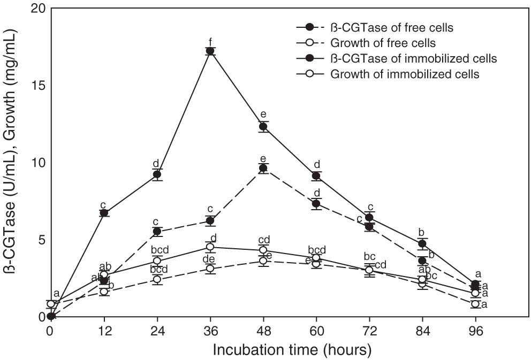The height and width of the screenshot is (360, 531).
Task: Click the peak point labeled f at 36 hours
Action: (x=210, y=51)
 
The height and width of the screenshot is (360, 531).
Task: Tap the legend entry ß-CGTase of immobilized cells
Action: (x=414, y=57)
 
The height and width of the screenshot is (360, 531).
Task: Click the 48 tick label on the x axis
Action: (x=262, y=331)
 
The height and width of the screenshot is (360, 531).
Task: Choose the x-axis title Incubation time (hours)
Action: (x=292, y=350)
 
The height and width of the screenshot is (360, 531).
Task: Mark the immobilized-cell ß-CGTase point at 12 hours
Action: (x=104, y=213)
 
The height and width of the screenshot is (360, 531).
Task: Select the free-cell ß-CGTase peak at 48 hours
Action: (x=263, y=168)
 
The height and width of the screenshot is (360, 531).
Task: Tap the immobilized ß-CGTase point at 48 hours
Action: (x=263, y=127)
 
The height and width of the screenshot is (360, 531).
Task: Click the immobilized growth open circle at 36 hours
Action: (x=210, y=247)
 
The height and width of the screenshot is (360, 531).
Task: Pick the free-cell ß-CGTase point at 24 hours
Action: (x=157, y=232)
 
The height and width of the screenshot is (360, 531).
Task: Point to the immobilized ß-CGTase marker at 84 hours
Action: (x=422, y=244)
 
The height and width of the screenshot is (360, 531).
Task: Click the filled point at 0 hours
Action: (x=51, y=316)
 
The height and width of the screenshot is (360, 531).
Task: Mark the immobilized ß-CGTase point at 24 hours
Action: (x=157, y=174)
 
